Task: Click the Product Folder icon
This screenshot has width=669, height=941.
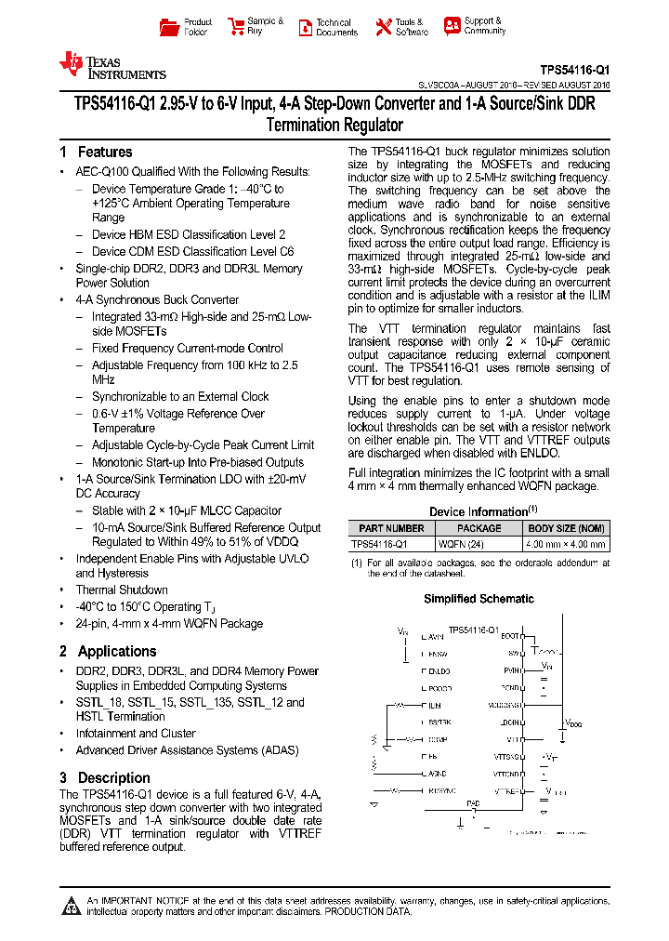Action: [168, 27]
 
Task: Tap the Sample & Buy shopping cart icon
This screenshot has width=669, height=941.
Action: [235, 27]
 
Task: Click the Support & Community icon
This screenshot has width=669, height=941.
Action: [452, 26]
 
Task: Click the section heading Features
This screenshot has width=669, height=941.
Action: [104, 152]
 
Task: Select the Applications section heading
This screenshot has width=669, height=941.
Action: [116, 651]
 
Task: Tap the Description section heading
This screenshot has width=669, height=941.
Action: [113, 777]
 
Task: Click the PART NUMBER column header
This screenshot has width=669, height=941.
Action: [391, 528]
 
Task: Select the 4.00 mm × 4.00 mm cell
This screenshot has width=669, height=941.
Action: [566, 544]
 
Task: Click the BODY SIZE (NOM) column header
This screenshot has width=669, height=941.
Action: [566, 528]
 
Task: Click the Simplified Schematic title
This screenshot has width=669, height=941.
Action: [479, 599]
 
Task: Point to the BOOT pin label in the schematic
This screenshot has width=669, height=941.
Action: [510, 636]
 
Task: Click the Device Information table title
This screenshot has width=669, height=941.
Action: [479, 511]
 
